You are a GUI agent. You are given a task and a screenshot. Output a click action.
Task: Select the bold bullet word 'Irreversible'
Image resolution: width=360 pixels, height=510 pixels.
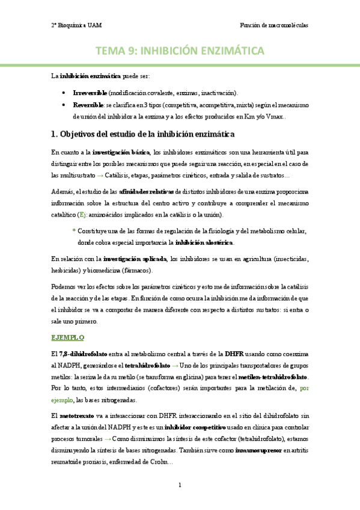[90, 93]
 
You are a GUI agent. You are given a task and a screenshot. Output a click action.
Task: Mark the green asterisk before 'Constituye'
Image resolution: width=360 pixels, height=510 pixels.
[73, 232]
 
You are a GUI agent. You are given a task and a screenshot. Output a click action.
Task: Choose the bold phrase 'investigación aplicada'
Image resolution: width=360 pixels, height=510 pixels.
[135, 259]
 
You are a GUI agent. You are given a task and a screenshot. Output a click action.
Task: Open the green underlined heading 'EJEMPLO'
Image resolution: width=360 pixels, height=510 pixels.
[68, 338]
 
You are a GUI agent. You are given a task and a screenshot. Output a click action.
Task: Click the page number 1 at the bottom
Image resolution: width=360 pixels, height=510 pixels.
[180, 484]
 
